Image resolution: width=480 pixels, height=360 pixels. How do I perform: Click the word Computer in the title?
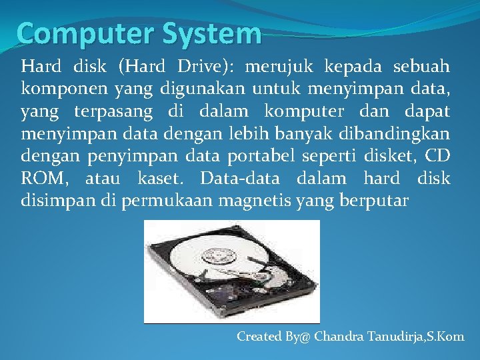click(x=75, y=33)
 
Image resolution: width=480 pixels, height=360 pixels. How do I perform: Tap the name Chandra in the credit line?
click(x=339, y=337)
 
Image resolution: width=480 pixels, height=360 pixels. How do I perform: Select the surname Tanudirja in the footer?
click(x=400, y=337)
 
